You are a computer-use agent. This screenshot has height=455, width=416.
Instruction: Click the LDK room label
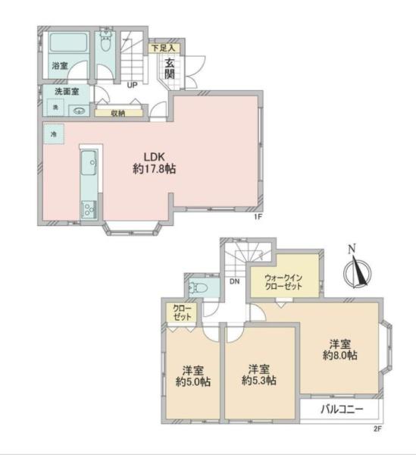click(x=155, y=157)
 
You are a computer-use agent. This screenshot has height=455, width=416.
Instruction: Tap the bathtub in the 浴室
click(x=68, y=43)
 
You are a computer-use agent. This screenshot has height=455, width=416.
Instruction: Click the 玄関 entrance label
click(x=170, y=68)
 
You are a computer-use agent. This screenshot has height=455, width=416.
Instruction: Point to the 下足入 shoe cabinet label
click(x=164, y=48)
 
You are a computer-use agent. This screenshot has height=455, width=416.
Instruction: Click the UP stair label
click(x=132, y=85)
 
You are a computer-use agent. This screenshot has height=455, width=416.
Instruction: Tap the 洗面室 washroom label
click(x=67, y=92)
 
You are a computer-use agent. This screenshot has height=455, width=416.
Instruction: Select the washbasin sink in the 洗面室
click(x=79, y=111)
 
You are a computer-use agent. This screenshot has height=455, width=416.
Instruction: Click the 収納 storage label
click(x=118, y=113)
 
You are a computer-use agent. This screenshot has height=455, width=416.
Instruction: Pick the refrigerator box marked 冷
click(x=54, y=134)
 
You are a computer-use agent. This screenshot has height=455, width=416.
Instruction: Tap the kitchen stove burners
click(x=89, y=209)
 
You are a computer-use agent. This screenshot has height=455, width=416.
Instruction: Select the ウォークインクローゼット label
click(x=283, y=282)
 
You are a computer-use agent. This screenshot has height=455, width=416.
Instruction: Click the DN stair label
click(x=235, y=281)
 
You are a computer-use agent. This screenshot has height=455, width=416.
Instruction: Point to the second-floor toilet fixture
click(x=198, y=288)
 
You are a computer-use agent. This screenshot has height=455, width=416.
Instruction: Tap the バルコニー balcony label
click(x=342, y=409)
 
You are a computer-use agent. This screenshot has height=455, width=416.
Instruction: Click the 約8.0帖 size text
click(x=340, y=356)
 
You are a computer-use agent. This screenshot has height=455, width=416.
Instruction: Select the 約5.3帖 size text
click(x=259, y=381)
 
